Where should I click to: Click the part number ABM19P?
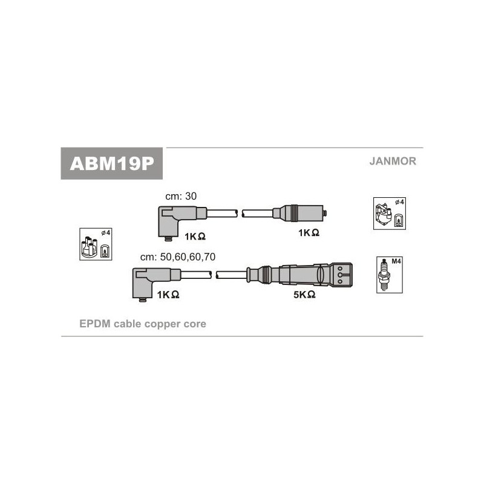click(112, 163)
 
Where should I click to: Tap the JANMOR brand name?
click(393, 161)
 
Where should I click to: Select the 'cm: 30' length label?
click(181, 196)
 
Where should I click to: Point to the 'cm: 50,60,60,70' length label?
click(178, 257)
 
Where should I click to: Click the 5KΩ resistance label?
click(304, 295)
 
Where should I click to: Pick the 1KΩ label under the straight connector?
click(309, 233)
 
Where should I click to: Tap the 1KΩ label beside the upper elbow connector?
click(195, 237)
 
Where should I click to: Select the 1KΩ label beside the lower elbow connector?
click(168, 295)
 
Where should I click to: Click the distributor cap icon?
click(89, 246)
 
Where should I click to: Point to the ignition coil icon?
click(384, 214)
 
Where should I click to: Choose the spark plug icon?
click(384, 274)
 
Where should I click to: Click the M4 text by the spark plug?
click(396, 261)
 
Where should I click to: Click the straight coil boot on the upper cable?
click(299, 213)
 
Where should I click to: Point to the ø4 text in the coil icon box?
click(399, 202)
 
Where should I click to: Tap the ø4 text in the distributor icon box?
click(105, 233)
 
